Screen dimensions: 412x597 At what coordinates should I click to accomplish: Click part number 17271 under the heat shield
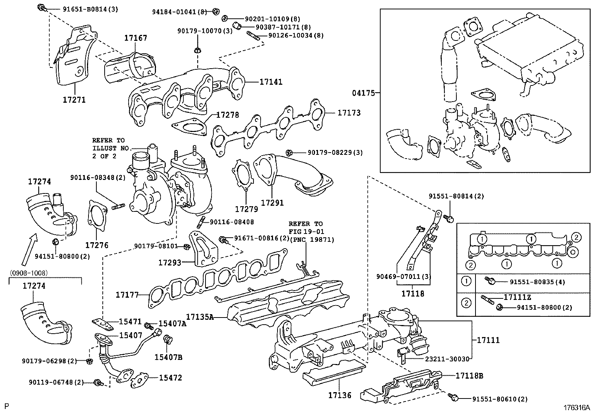click(74, 100)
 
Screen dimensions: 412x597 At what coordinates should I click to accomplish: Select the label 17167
click(136, 38)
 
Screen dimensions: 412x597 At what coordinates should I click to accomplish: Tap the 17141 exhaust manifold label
click(271, 82)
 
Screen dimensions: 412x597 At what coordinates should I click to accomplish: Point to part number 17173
click(349, 112)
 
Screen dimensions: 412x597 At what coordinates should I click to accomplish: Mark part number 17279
click(246, 209)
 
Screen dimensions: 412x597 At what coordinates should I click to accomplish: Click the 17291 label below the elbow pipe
click(272, 203)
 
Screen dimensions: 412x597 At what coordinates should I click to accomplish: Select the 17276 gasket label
click(97, 246)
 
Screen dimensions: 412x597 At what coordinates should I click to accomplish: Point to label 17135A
click(200, 317)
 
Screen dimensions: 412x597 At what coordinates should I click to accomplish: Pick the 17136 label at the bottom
click(340, 395)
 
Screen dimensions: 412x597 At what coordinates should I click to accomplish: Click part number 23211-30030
click(447, 359)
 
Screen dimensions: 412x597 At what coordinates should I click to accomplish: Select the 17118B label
click(469, 375)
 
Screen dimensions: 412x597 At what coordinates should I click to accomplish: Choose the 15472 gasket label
click(170, 378)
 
